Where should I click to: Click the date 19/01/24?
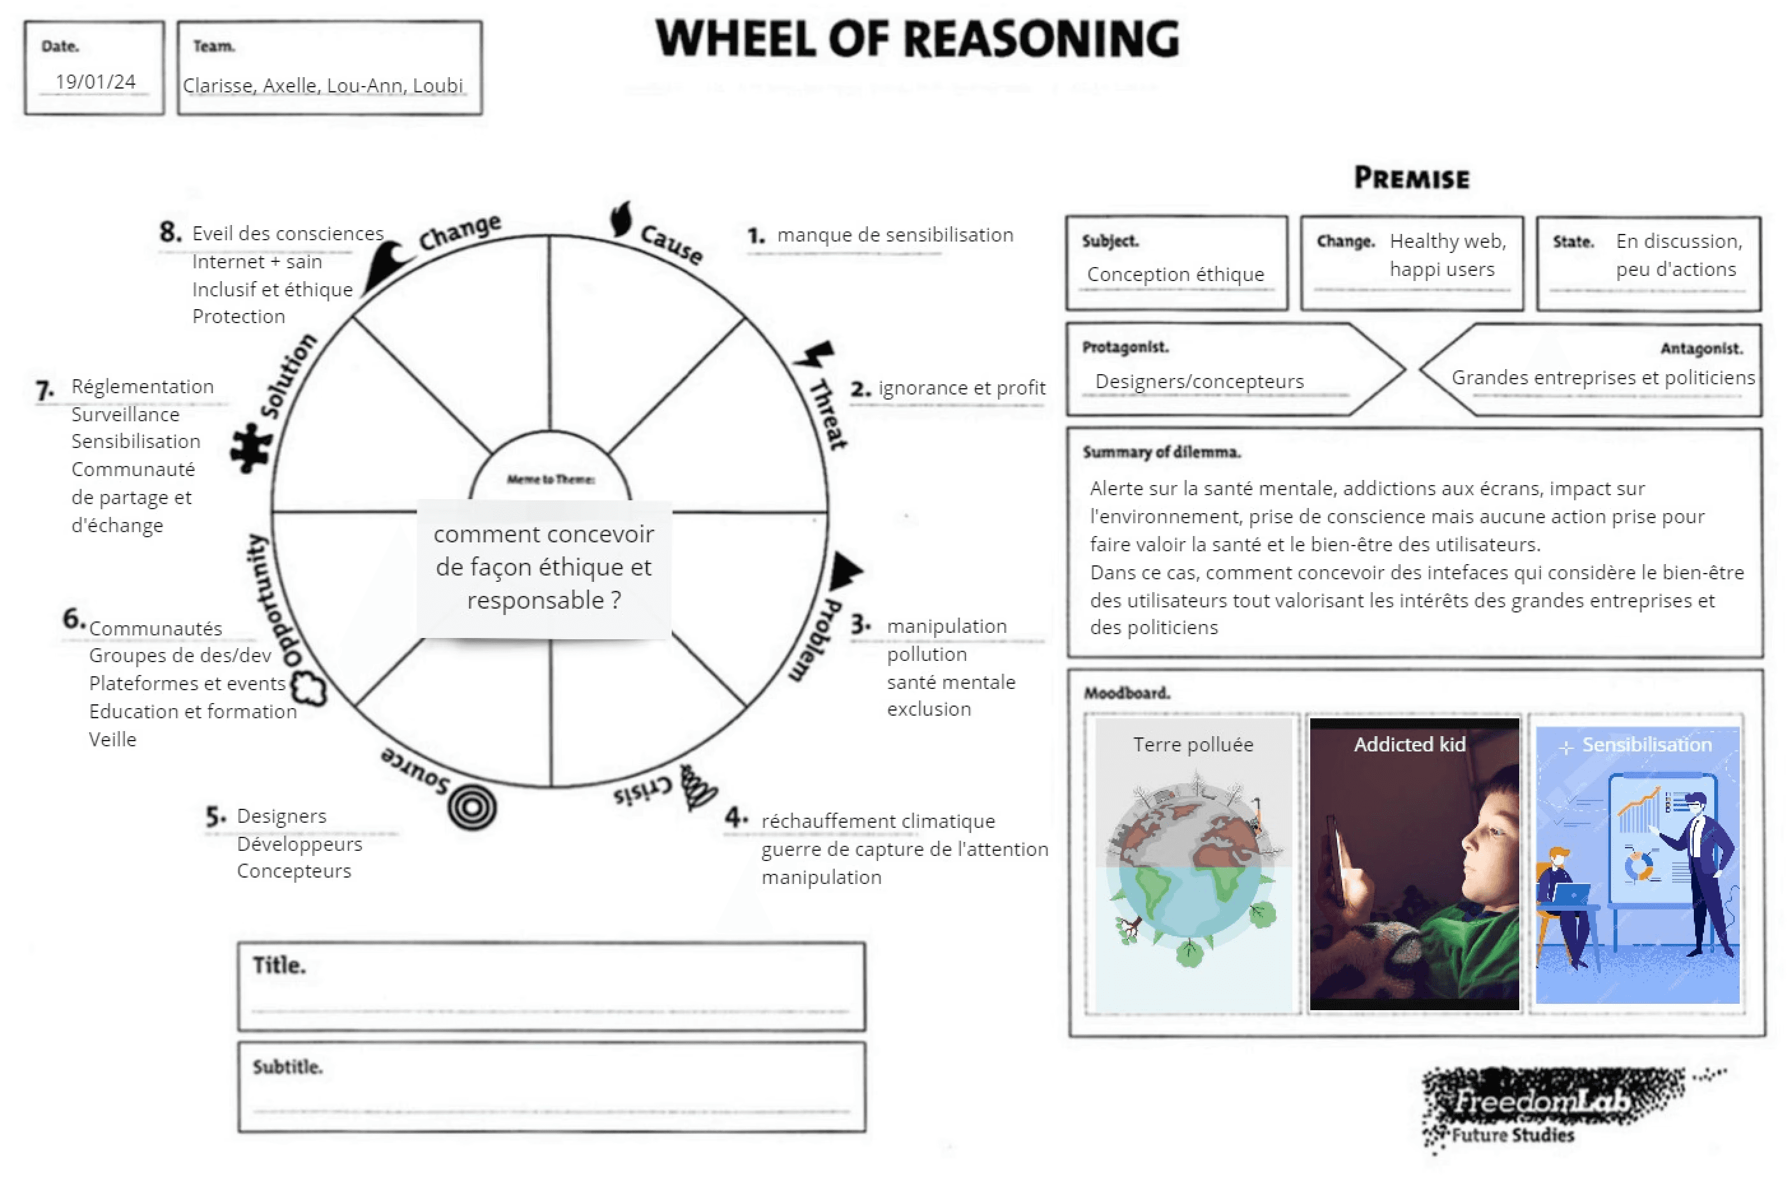96,81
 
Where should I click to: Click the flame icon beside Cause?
621,219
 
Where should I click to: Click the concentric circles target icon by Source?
471,808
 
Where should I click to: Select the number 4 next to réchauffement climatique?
733,818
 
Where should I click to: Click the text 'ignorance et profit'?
961,388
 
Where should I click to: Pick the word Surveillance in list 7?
125,414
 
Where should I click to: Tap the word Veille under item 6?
113,739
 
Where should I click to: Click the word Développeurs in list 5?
299,844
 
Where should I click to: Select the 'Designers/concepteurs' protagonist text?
1199,381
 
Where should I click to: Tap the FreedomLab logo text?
1538,1101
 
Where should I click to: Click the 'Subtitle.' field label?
287,1067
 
